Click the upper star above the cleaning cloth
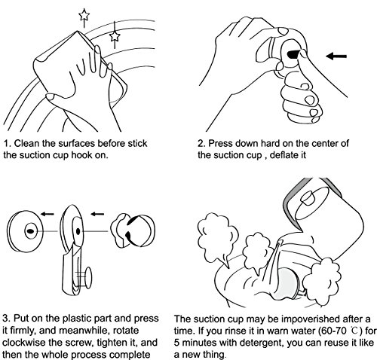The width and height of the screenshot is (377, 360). click(x=84, y=15)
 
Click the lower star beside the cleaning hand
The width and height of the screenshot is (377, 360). click(x=115, y=36)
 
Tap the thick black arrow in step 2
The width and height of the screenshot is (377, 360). click(x=336, y=56)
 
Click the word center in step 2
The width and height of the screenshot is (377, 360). click(x=325, y=143)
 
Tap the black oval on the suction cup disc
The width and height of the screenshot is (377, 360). click(x=30, y=231)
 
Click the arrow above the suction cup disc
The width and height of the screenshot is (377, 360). click(x=48, y=214)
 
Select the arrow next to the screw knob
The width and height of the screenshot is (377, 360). click(x=97, y=214)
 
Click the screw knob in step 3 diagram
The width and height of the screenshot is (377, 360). click(x=133, y=230)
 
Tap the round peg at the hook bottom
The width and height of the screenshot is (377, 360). click(x=88, y=277)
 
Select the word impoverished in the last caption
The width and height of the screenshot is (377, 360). click(x=311, y=319)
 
